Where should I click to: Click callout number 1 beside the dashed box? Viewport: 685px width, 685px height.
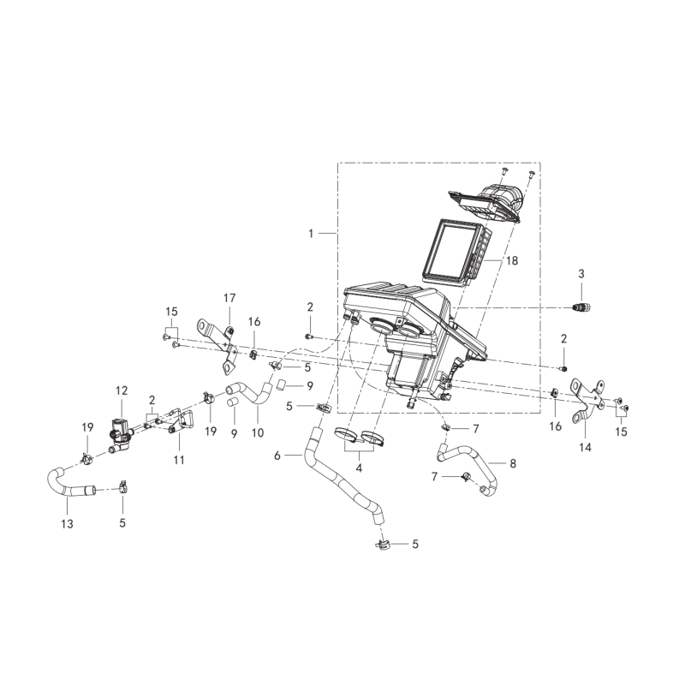tap(311, 234)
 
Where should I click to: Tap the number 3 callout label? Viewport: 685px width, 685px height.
tap(581, 274)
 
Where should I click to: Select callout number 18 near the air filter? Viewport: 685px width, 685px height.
tap(511, 260)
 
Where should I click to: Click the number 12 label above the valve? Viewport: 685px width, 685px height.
tap(122, 390)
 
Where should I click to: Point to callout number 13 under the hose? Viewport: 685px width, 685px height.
tap(67, 523)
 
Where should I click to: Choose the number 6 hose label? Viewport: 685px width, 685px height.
tap(277, 456)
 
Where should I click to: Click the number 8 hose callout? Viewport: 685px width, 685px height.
tap(513, 463)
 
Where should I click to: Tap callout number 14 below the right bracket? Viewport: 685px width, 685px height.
tap(585, 447)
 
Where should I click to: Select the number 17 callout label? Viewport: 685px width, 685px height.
tap(229, 298)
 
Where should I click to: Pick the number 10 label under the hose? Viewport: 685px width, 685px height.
tap(258, 432)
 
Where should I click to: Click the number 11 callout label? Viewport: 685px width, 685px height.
tap(179, 460)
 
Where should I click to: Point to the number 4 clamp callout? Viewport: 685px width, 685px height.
tap(359, 468)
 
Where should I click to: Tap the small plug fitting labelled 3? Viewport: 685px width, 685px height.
tap(581, 307)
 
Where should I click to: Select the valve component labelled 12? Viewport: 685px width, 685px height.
tap(119, 432)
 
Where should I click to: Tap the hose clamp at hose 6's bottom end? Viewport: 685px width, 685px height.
tap(382, 545)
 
